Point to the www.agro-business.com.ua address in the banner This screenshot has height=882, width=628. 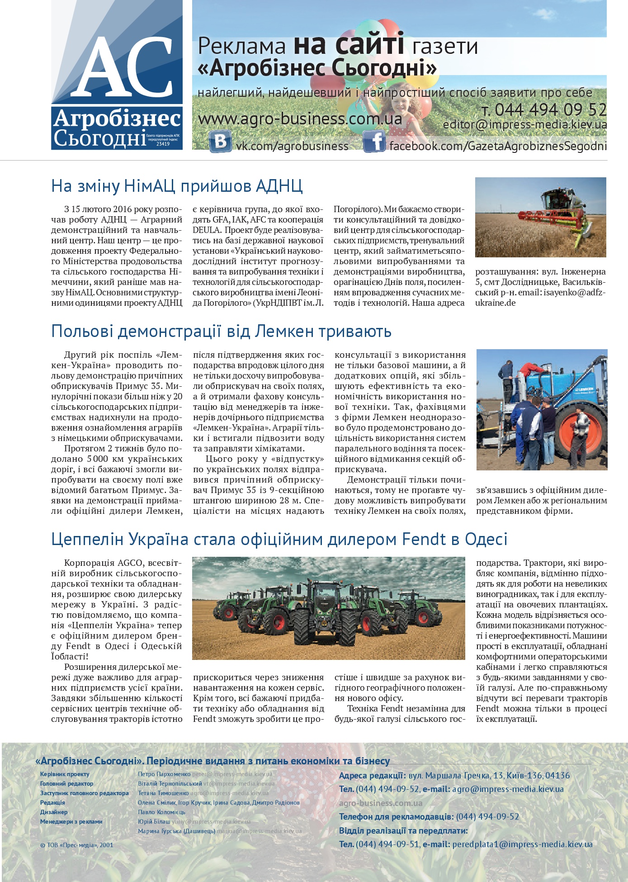[300, 119]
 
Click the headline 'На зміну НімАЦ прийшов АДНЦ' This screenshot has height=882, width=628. [177, 186]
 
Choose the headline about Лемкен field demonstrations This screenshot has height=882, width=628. [221, 331]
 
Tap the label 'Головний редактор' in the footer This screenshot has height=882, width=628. [66, 784]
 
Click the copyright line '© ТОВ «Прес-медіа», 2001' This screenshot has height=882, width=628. [77, 845]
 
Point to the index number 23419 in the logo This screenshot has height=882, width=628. [163, 144]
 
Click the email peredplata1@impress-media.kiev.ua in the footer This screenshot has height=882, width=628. [522, 844]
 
